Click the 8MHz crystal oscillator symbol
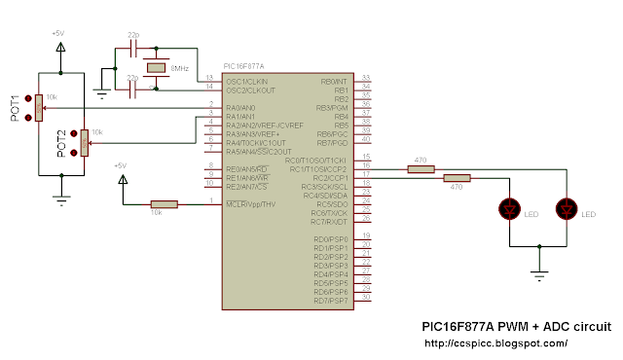[x=155, y=68]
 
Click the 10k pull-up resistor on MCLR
[x=164, y=204]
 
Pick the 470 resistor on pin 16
[x=421, y=169]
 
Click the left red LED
[x=507, y=209]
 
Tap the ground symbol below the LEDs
[x=537, y=276]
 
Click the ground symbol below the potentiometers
[x=61, y=198]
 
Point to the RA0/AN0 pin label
[x=240, y=107]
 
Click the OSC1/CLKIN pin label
[x=246, y=81]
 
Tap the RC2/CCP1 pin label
[x=330, y=179]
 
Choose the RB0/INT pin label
[x=333, y=81]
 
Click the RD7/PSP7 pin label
[x=331, y=301]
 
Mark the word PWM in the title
[x=522, y=326]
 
